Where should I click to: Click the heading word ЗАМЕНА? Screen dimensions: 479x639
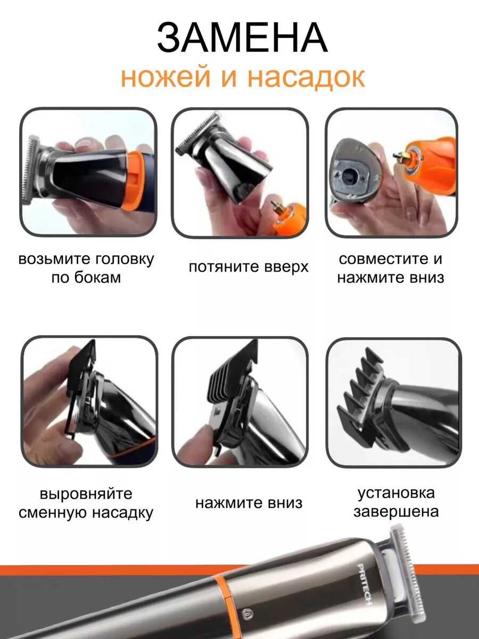tap(242, 38)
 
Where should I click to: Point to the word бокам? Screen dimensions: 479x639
tap(97, 277)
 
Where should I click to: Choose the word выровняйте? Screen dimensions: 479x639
tap(86, 494)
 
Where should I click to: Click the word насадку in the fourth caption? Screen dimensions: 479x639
tap(122, 513)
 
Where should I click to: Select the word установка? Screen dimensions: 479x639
tap(396, 493)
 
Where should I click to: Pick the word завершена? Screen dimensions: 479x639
tap(396, 512)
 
